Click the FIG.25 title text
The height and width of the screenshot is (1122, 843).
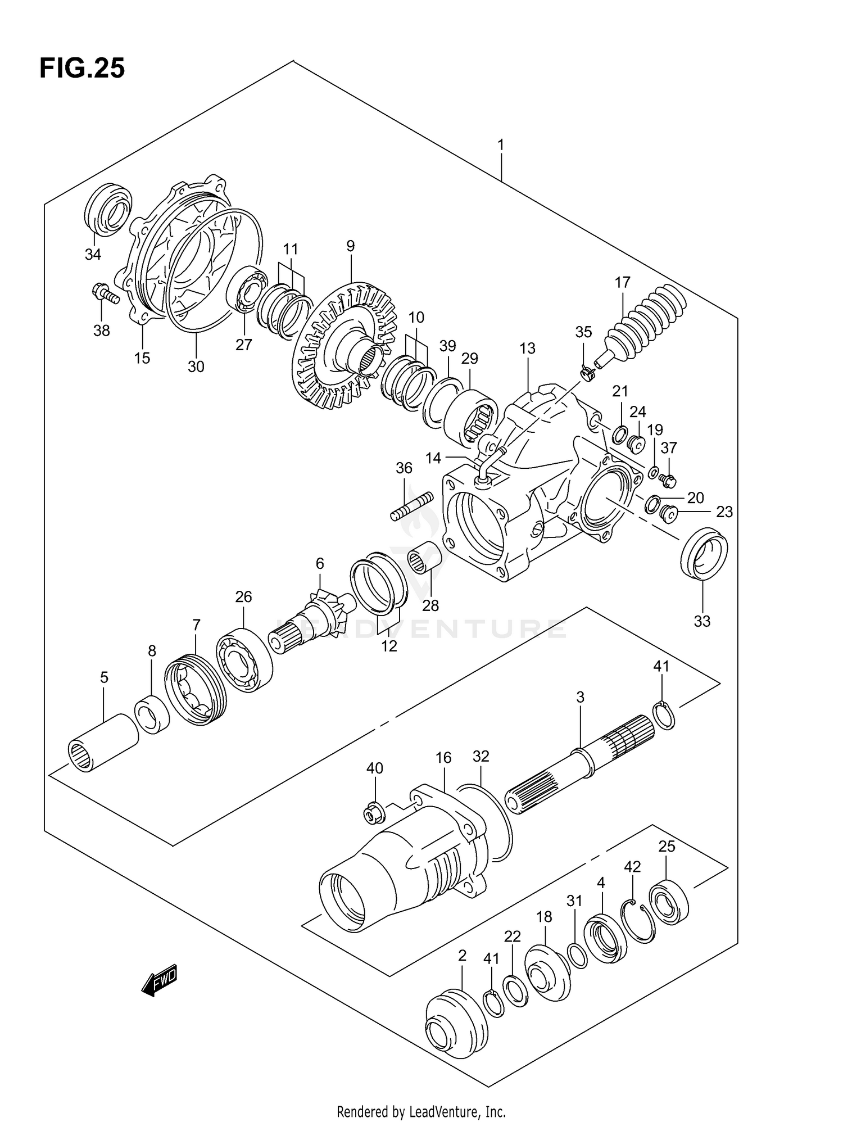click(82, 69)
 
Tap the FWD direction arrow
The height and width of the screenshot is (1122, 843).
click(160, 980)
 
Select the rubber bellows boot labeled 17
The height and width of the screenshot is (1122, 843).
click(646, 323)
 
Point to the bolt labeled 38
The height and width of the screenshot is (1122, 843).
click(105, 293)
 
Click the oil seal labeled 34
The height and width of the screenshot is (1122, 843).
click(108, 209)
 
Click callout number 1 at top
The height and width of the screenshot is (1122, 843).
click(500, 146)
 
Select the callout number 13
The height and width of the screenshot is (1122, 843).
click(527, 349)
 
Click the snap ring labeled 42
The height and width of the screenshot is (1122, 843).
click(637, 922)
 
